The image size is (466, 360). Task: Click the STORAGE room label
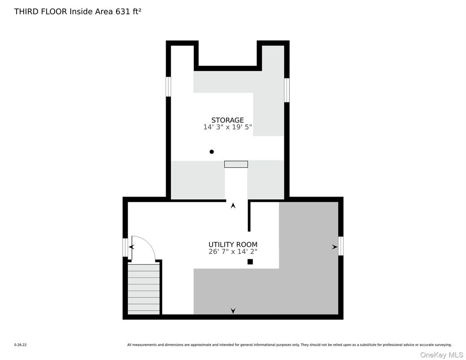227,120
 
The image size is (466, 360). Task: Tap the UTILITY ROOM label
233,244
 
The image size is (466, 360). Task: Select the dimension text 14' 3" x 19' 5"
227,127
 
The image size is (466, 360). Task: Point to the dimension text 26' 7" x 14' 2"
233,252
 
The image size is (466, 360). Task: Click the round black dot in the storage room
212,152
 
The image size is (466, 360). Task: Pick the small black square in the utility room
250,261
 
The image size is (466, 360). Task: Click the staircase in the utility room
144,289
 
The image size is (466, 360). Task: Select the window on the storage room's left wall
168,87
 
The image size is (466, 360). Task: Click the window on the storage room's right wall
286,90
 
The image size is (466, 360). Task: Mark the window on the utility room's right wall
341,246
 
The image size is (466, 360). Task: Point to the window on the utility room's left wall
125,248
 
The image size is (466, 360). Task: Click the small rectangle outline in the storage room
236,164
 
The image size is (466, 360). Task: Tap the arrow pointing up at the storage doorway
233,206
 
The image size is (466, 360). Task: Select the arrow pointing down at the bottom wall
233,311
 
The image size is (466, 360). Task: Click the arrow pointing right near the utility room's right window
334,247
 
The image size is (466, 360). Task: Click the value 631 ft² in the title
126,12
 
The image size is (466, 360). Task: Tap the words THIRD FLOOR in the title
41,12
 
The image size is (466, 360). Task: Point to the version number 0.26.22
20,345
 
